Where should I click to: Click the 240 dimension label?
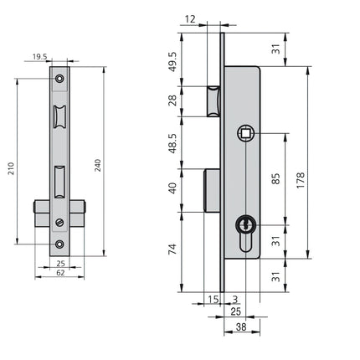click(x=98, y=165)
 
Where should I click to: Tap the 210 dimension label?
click(x=11, y=168)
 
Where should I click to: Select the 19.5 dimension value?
click(x=40, y=57)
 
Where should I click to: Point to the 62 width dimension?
click(x=60, y=273)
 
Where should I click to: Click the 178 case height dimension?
click(x=301, y=180)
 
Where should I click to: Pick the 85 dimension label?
click(x=275, y=178)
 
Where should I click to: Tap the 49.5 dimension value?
click(x=173, y=62)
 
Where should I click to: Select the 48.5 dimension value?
click(x=173, y=143)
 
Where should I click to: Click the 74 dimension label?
click(x=173, y=249)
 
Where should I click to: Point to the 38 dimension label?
click(x=241, y=327)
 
